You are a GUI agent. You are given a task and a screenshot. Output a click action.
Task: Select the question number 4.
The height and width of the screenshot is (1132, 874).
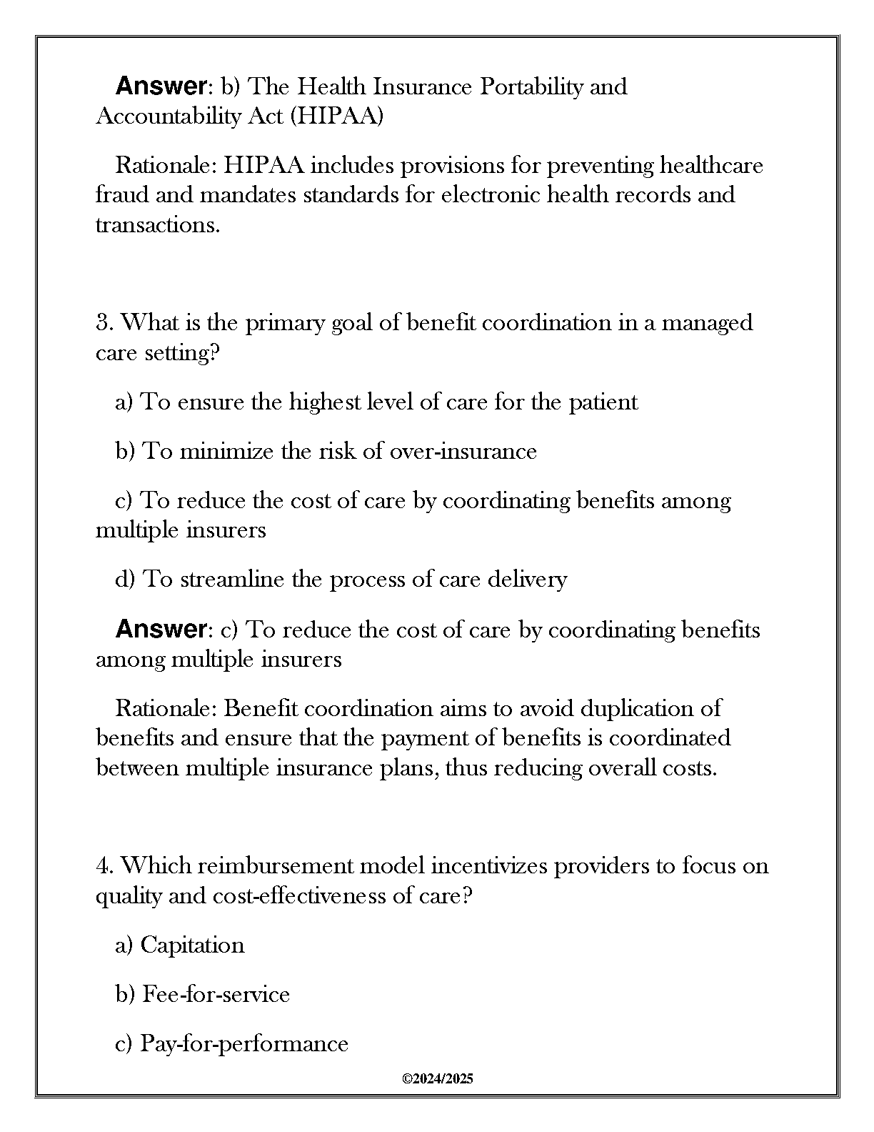coord(103,866)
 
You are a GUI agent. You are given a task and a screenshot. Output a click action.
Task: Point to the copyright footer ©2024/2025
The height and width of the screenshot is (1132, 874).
coord(437,1079)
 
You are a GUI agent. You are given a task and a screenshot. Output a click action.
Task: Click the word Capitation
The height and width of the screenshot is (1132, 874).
coord(192,945)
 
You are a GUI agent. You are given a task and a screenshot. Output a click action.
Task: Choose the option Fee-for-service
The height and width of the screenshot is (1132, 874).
coord(216,994)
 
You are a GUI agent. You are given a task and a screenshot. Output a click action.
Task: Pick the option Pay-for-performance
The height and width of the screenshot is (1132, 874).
coord(243,1044)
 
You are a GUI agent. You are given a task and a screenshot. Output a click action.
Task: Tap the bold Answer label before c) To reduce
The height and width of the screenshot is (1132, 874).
coord(161,630)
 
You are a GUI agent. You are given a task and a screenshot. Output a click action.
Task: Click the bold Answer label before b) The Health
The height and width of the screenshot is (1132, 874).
coord(161,86)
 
